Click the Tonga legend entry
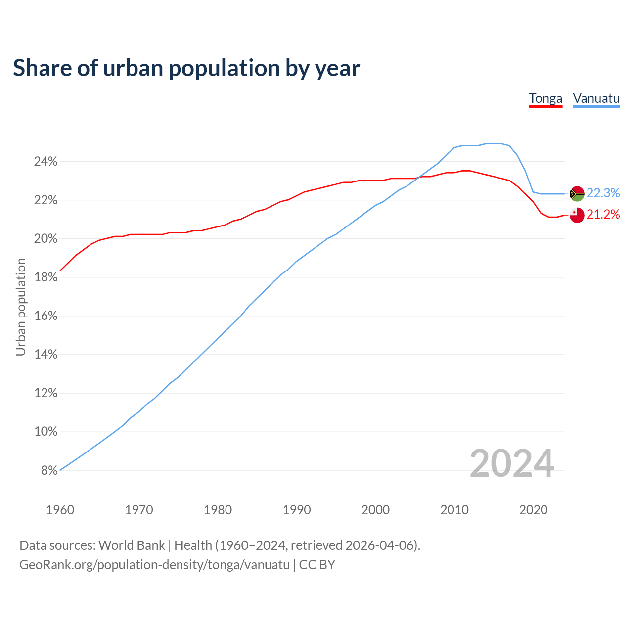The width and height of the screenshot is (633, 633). click(x=545, y=98)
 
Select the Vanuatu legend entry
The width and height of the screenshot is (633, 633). click(x=596, y=98)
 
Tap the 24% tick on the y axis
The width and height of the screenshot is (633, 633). click(x=46, y=162)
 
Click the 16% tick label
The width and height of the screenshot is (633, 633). click(x=46, y=316)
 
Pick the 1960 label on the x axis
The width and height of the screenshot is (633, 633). click(x=60, y=510)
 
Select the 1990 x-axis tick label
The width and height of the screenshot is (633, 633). click(x=297, y=510)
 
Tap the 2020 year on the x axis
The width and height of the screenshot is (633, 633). click(x=533, y=510)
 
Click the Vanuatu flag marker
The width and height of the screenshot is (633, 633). click(x=577, y=194)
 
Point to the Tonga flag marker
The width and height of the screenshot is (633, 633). click(x=577, y=215)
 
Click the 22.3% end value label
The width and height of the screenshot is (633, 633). click(x=603, y=193)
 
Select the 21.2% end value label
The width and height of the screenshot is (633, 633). click(x=603, y=215)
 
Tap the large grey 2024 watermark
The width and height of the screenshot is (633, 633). click(x=512, y=463)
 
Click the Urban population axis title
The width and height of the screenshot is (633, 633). click(x=21, y=307)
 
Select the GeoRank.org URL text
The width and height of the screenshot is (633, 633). click(x=154, y=565)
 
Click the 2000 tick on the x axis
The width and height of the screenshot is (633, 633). click(x=375, y=510)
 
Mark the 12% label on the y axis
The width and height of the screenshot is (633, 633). click(x=46, y=393)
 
